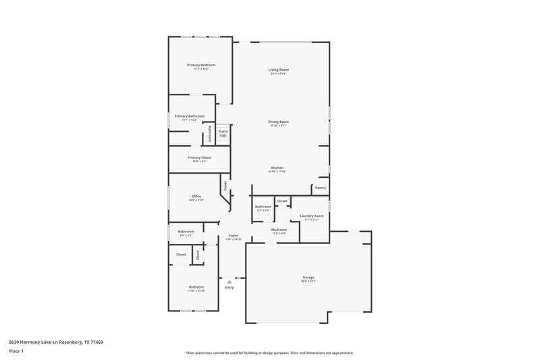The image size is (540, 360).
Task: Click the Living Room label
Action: tap(279, 70)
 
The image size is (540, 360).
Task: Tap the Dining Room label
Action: tap(279, 122)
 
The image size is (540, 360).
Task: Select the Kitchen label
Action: tap(277, 168)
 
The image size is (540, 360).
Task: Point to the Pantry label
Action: tap(320, 188)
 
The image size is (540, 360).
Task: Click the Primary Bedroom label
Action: tap(201, 65)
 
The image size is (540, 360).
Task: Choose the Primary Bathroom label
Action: tap(189, 116)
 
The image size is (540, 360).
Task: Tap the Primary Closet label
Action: tap(199, 157)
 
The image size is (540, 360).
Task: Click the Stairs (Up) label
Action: tap(223, 133)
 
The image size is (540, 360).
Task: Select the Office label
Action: tap(196, 197)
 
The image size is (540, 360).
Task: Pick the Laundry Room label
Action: tap(312, 215)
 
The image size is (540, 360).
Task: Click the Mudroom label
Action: tap(279, 230)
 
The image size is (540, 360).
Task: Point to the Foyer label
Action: tap(233, 235)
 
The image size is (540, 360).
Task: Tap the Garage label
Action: tap(308, 278)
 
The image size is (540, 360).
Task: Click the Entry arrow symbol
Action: tap(230, 282)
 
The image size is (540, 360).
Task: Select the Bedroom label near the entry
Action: tap(196, 287)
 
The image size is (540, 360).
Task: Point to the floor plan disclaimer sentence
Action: tap(270, 353)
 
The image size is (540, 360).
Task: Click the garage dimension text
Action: tap(308, 282)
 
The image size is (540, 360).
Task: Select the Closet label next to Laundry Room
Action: tap(282, 201)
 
